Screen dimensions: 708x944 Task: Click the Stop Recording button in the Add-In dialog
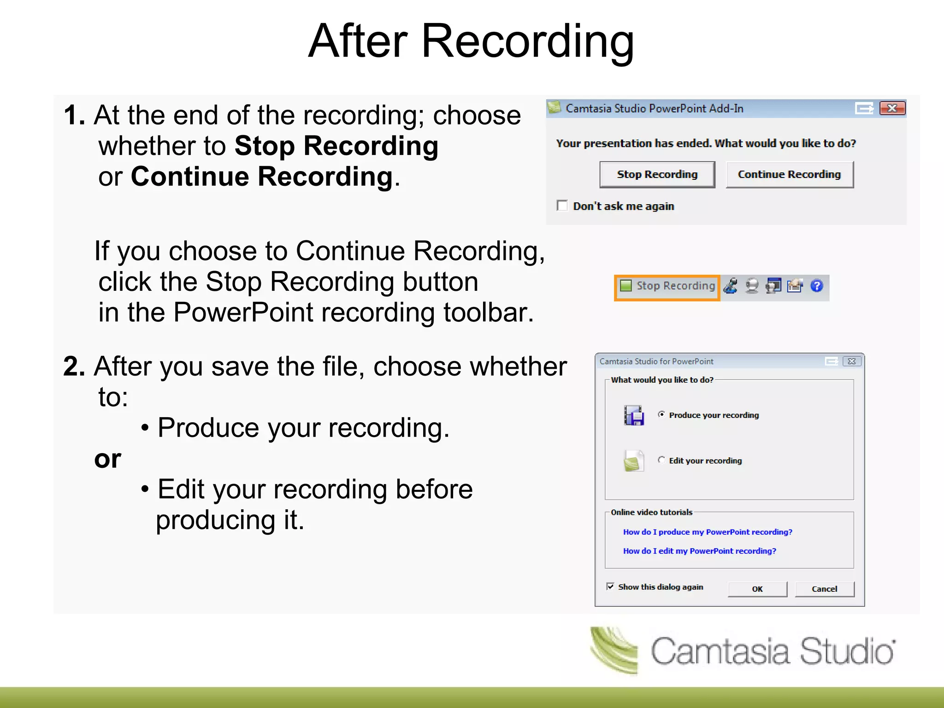click(x=657, y=174)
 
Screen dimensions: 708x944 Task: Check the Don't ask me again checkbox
click(x=562, y=205)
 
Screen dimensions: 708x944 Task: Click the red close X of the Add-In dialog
click(x=892, y=108)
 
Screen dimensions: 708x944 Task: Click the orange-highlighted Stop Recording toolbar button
click(x=667, y=286)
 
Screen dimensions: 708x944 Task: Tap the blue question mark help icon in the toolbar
click(x=816, y=286)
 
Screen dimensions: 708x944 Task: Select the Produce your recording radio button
click(x=661, y=414)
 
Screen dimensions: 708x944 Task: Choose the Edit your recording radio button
click(x=661, y=460)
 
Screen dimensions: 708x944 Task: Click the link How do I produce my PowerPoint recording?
click(x=707, y=532)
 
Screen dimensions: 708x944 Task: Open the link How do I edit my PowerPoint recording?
click(x=699, y=551)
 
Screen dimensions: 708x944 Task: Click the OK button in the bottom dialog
click(x=757, y=589)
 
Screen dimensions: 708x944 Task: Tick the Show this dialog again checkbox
click(x=610, y=586)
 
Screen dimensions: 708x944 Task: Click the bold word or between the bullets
click(x=107, y=459)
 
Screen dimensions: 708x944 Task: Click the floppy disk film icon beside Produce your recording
click(x=634, y=415)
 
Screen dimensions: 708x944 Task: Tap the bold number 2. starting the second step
click(x=74, y=367)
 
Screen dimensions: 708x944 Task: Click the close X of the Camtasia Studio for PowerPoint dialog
click(x=851, y=361)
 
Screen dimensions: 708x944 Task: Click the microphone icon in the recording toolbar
click(x=731, y=286)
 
